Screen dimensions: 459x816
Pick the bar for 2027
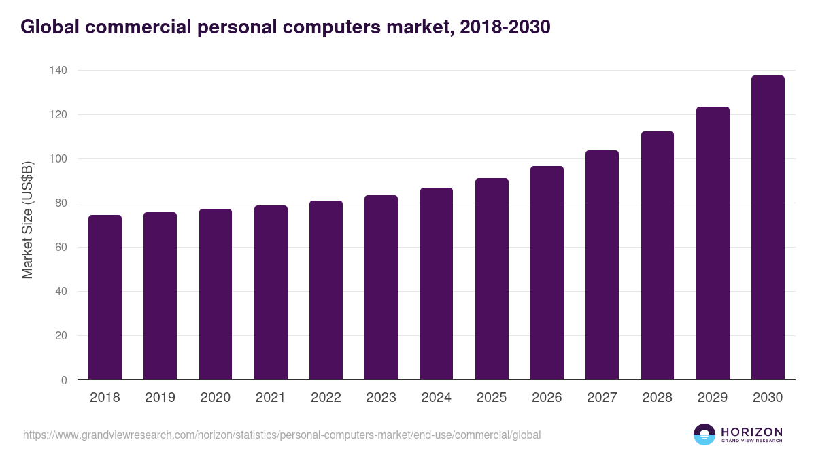[602, 265]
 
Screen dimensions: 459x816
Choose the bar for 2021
[271, 292]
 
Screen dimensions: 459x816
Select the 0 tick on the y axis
[64, 380]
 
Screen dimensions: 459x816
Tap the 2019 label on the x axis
[160, 398]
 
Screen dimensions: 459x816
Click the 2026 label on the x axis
[547, 398]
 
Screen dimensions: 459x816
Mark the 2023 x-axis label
[381, 398]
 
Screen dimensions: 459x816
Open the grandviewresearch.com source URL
[282, 435]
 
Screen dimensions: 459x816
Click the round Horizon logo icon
[704, 435]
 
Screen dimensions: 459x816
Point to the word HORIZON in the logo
[751, 432]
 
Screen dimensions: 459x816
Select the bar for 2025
[492, 279]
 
